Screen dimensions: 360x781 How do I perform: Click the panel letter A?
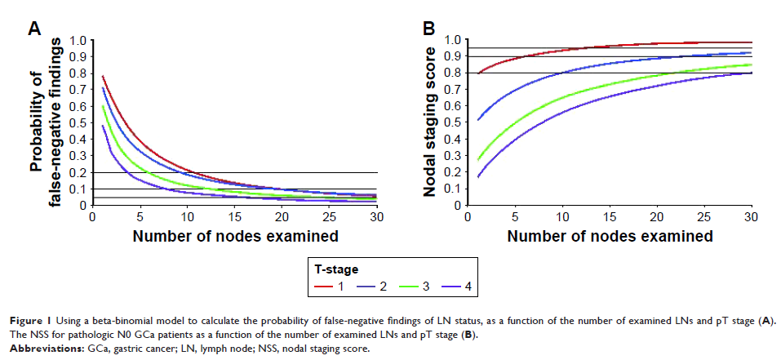click(x=35, y=29)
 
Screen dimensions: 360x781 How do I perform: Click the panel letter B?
click(x=428, y=29)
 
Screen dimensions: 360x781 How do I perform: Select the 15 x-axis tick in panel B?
click(x=609, y=218)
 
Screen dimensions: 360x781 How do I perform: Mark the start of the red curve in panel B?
click(x=478, y=73)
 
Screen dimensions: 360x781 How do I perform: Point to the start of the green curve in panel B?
click(x=478, y=160)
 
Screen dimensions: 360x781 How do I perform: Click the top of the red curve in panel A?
click(x=103, y=77)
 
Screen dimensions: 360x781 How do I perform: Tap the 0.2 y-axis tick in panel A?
click(x=79, y=172)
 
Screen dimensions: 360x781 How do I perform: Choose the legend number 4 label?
click(x=469, y=287)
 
